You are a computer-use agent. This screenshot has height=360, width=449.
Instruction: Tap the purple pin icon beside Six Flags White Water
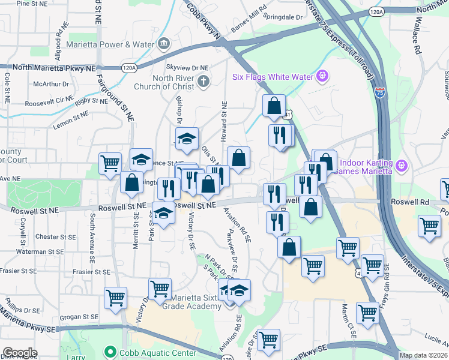point(323,76)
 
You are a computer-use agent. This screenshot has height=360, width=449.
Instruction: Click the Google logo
point(20,353)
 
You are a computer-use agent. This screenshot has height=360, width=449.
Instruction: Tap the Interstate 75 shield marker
point(379,93)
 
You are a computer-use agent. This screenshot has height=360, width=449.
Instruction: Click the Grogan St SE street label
point(82,316)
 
